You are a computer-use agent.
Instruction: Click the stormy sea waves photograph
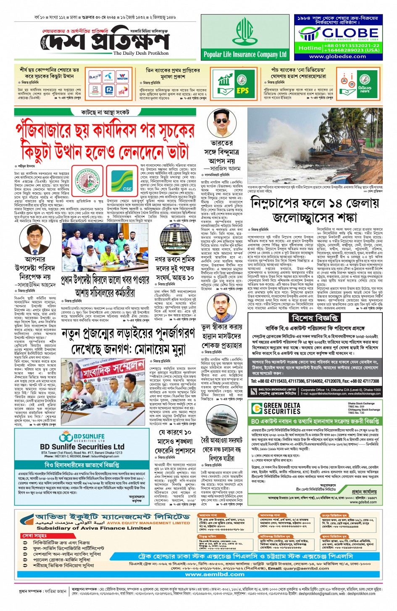[315, 145]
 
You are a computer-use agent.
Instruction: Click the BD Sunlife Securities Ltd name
[82, 446]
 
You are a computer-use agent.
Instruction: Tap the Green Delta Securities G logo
[257, 408]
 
